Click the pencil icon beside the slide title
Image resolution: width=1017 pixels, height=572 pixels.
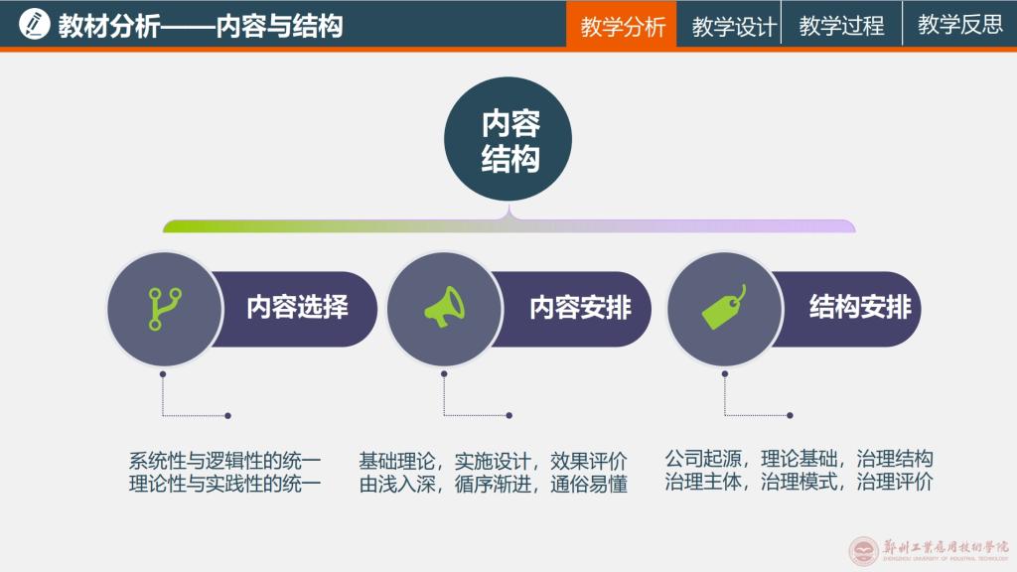click(34, 24)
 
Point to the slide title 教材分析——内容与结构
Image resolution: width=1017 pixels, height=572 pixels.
click(200, 25)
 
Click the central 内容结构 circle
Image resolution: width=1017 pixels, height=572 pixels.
click(508, 140)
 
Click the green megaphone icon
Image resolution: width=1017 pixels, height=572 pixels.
click(444, 309)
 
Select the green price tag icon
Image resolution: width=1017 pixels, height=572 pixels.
click(724, 309)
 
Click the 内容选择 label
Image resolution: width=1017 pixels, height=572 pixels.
click(297, 308)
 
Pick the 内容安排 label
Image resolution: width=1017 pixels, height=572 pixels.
click(579, 308)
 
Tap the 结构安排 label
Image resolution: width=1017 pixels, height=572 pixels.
click(860, 308)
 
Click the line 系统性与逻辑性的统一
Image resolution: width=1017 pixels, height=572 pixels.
click(224, 461)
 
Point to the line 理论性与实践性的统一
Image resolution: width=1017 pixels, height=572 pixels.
click(224, 485)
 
